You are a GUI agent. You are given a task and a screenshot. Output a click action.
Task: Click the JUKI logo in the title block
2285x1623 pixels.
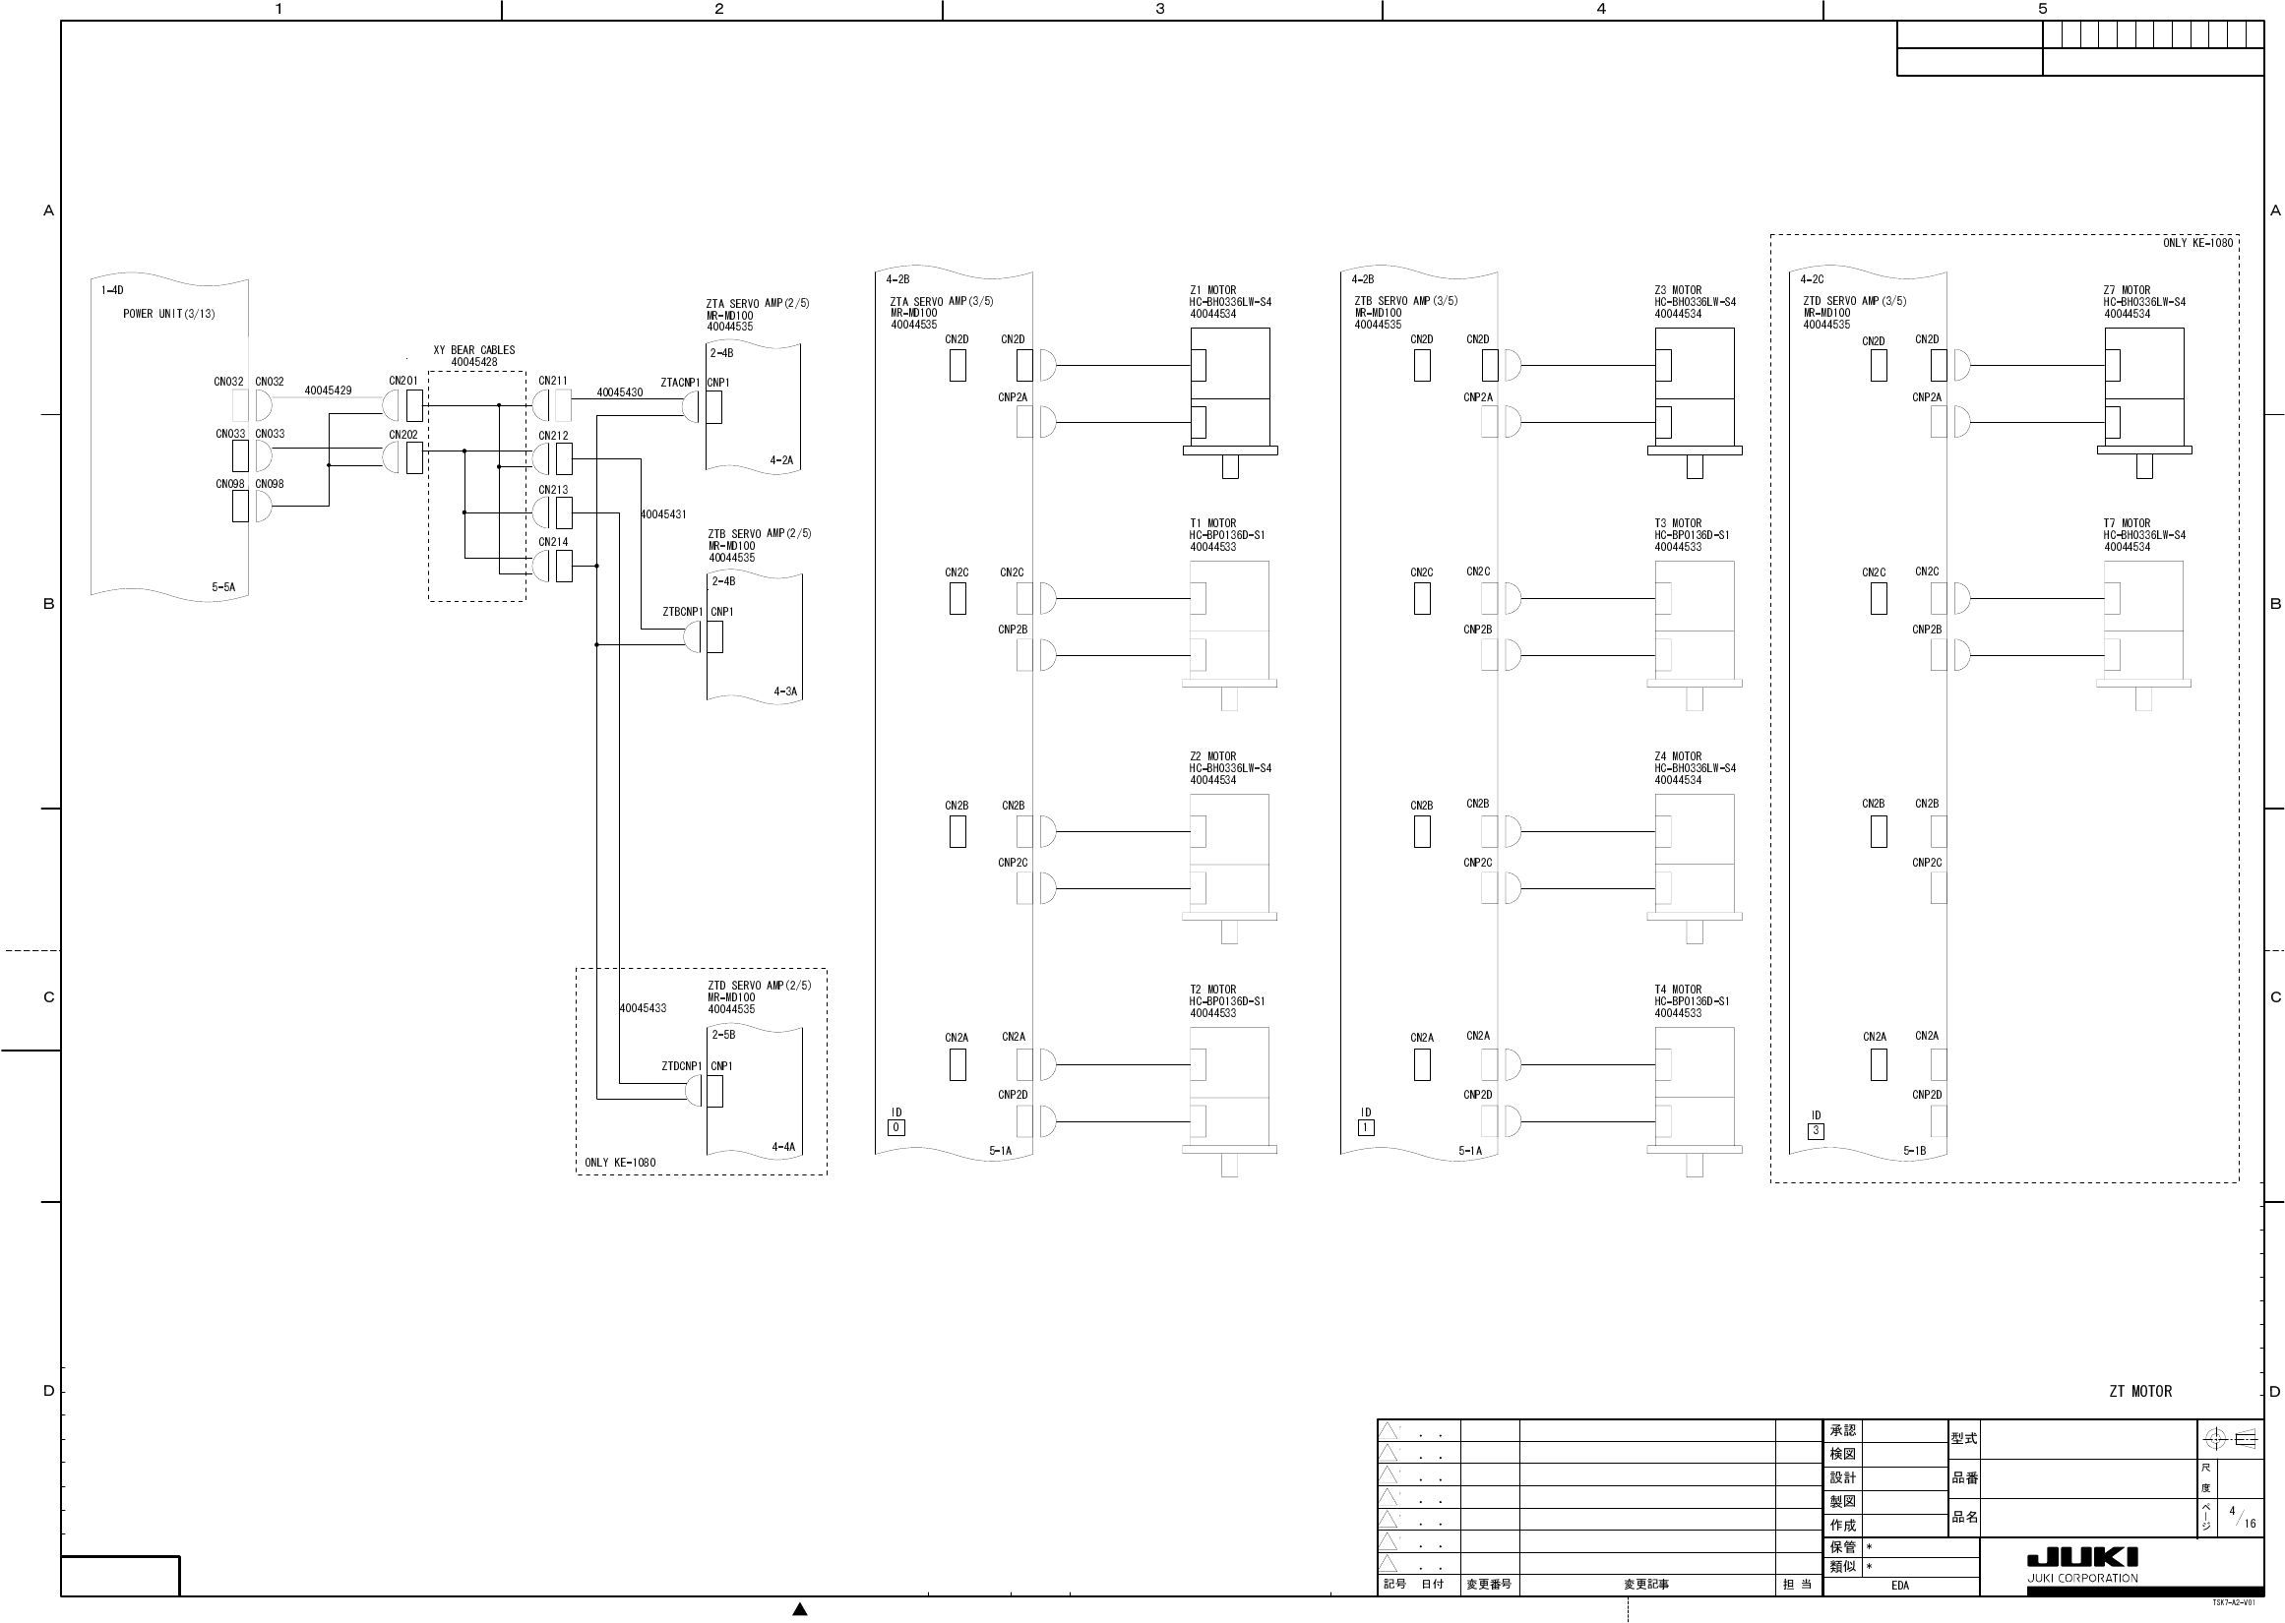[2082, 1558]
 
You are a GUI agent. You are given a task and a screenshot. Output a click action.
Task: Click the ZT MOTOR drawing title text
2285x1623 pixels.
[2140, 1391]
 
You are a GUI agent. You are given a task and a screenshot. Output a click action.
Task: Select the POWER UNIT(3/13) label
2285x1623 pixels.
[169, 314]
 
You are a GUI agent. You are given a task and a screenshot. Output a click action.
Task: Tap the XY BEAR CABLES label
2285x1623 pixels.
[473, 351]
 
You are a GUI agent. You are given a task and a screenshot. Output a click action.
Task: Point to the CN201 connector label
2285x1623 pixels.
[402, 381]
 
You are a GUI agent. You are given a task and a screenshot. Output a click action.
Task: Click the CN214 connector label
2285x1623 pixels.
[553, 542]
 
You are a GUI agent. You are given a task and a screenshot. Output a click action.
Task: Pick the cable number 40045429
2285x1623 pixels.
[328, 391]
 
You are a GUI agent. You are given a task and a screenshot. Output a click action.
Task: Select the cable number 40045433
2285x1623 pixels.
[643, 1008]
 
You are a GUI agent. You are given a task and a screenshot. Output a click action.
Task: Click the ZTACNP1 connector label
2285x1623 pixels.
[680, 383]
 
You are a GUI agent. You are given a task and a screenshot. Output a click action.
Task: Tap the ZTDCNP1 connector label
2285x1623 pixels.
[682, 1066]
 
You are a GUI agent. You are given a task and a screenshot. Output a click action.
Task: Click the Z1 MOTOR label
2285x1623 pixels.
[1212, 291]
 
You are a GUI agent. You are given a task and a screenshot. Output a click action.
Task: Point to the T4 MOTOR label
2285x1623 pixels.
[1677, 990]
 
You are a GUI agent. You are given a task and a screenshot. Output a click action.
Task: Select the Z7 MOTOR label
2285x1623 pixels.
[2126, 291]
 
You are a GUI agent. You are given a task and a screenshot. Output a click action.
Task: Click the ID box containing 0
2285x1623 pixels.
[896, 1127]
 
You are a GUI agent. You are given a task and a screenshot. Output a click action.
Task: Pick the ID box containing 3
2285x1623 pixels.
[1817, 1131]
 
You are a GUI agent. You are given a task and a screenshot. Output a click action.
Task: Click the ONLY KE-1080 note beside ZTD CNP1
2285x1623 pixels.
[620, 1163]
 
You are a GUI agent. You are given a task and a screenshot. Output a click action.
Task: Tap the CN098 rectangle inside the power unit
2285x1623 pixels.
[240, 506]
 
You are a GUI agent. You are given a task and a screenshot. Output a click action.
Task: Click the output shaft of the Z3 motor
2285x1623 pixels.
[1695, 466]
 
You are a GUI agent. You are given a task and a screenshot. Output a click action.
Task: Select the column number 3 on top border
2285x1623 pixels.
[1159, 9]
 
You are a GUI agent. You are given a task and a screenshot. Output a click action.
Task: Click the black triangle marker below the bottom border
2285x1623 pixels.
[800, 1609]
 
